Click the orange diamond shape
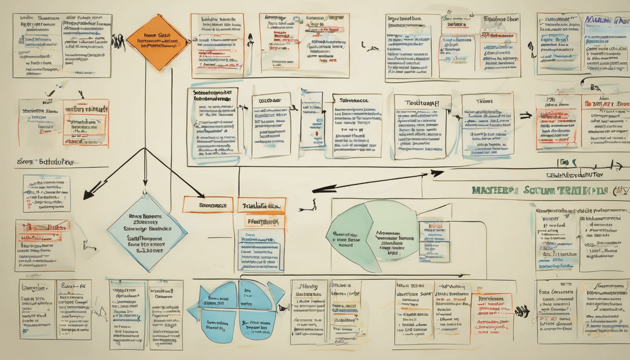tap(157, 42)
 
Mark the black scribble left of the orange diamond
tap(118, 42)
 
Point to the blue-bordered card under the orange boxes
tap(261, 250)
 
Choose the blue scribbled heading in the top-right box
tap(605, 20)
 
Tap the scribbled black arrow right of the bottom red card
tap(521, 310)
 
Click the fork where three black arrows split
tap(145, 149)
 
